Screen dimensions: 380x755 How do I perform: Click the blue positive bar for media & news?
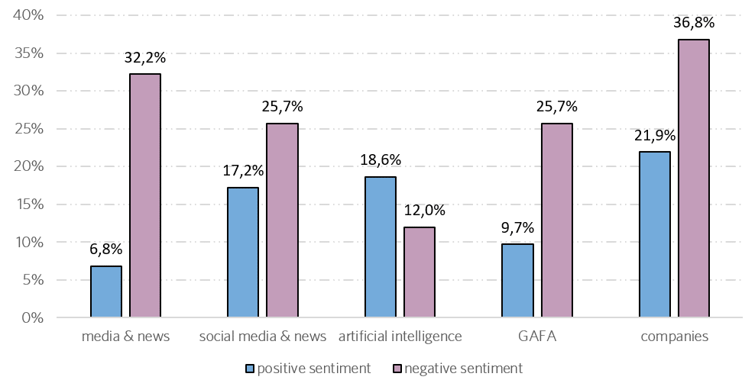pos(105,291)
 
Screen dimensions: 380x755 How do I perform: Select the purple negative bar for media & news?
pos(145,195)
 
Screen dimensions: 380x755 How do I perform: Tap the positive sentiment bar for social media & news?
pos(243,253)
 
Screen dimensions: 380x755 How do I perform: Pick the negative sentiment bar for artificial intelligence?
pos(420,272)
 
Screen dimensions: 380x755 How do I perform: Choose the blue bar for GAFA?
pos(517,281)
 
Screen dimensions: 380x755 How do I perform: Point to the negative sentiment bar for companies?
pos(694,179)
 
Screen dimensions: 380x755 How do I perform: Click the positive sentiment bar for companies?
pos(655,234)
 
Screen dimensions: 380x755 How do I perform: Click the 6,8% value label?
pos(105,250)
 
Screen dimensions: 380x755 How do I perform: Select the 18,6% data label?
pos(381,160)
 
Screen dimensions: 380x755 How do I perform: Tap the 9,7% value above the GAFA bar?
pos(517,227)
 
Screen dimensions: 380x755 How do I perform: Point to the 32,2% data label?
pos(145,57)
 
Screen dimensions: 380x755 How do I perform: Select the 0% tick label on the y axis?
pos(34,317)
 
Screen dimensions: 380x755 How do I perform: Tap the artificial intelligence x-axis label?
pos(400,337)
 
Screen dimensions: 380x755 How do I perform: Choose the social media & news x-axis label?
pos(263,337)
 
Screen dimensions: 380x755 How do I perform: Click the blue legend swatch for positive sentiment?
pos(250,369)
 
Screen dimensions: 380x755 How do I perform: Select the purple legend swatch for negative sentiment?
pos(397,369)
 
